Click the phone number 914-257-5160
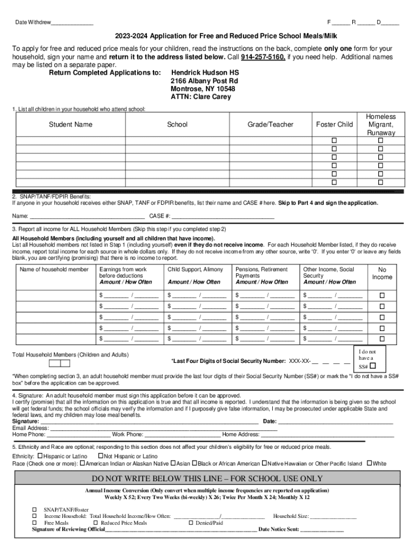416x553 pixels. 263,57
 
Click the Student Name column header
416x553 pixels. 70,125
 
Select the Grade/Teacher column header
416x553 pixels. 270,125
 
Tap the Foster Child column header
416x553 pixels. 334,125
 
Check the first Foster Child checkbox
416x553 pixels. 334,140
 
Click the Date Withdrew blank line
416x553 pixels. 72,23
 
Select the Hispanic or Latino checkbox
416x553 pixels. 39,456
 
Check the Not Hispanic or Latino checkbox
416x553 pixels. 100,456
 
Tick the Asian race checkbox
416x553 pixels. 173,463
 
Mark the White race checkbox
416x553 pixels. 370,463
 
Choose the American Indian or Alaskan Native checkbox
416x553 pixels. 83,463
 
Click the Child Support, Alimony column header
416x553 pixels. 195,269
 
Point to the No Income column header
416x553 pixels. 382,273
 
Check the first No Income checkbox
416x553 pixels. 382,295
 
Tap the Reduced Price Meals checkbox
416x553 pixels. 96,523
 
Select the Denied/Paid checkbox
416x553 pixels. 191,523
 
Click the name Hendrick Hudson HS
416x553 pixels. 205,72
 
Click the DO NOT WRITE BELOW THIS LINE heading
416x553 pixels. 207,478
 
